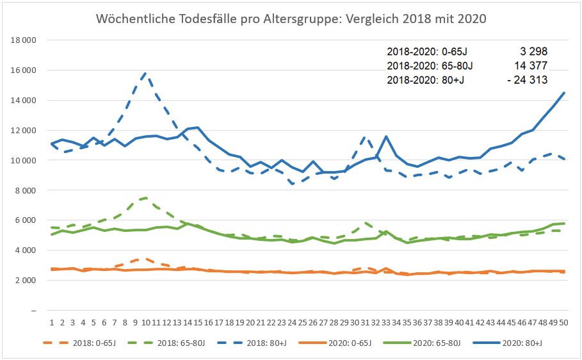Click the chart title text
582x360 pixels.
point(291,19)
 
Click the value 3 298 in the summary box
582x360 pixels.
point(533,51)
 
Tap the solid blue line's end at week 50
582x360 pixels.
point(563,93)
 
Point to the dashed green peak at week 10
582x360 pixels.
point(146,198)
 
